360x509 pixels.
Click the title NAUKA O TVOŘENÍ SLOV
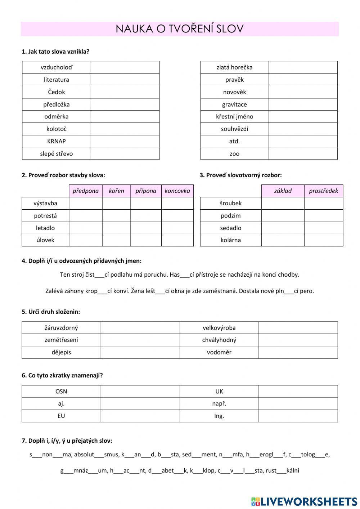pyautogui.click(x=180, y=29)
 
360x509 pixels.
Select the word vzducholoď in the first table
pyautogui.click(x=56, y=67)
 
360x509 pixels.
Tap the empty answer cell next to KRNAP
pyautogui.click(x=125, y=141)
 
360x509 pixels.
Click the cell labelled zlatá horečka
pyautogui.click(x=234, y=67)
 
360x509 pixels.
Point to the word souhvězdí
pyautogui.click(x=234, y=129)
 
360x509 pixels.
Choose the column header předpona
pyautogui.click(x=85, y=191)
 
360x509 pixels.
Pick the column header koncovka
pyautogui.click(x=177, y=191)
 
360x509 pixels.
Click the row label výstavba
pyautogui.click(x=45, y=203)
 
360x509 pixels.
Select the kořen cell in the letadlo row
pyautogui.click(x=116, y=228)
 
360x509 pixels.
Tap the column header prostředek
pyautogui.click(x=323, y=191)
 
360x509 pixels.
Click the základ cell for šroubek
pyautogui.click(x=283, y=203)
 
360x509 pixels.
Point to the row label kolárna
pyautogui.click(x=230, y=240)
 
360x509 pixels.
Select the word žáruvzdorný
pyautogui.click(x=61, y=328)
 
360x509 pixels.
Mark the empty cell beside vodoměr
pyautogui.click(x=298, y=352)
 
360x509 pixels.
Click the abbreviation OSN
pyautogui.click(x=61, y=392)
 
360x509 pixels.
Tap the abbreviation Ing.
pyautogui.click(x=219, y=416)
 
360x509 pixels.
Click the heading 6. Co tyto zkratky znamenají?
pyautogui.click(x=62, y=375)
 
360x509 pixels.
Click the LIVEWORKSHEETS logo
pyautogui.click(x=304, y=501)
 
